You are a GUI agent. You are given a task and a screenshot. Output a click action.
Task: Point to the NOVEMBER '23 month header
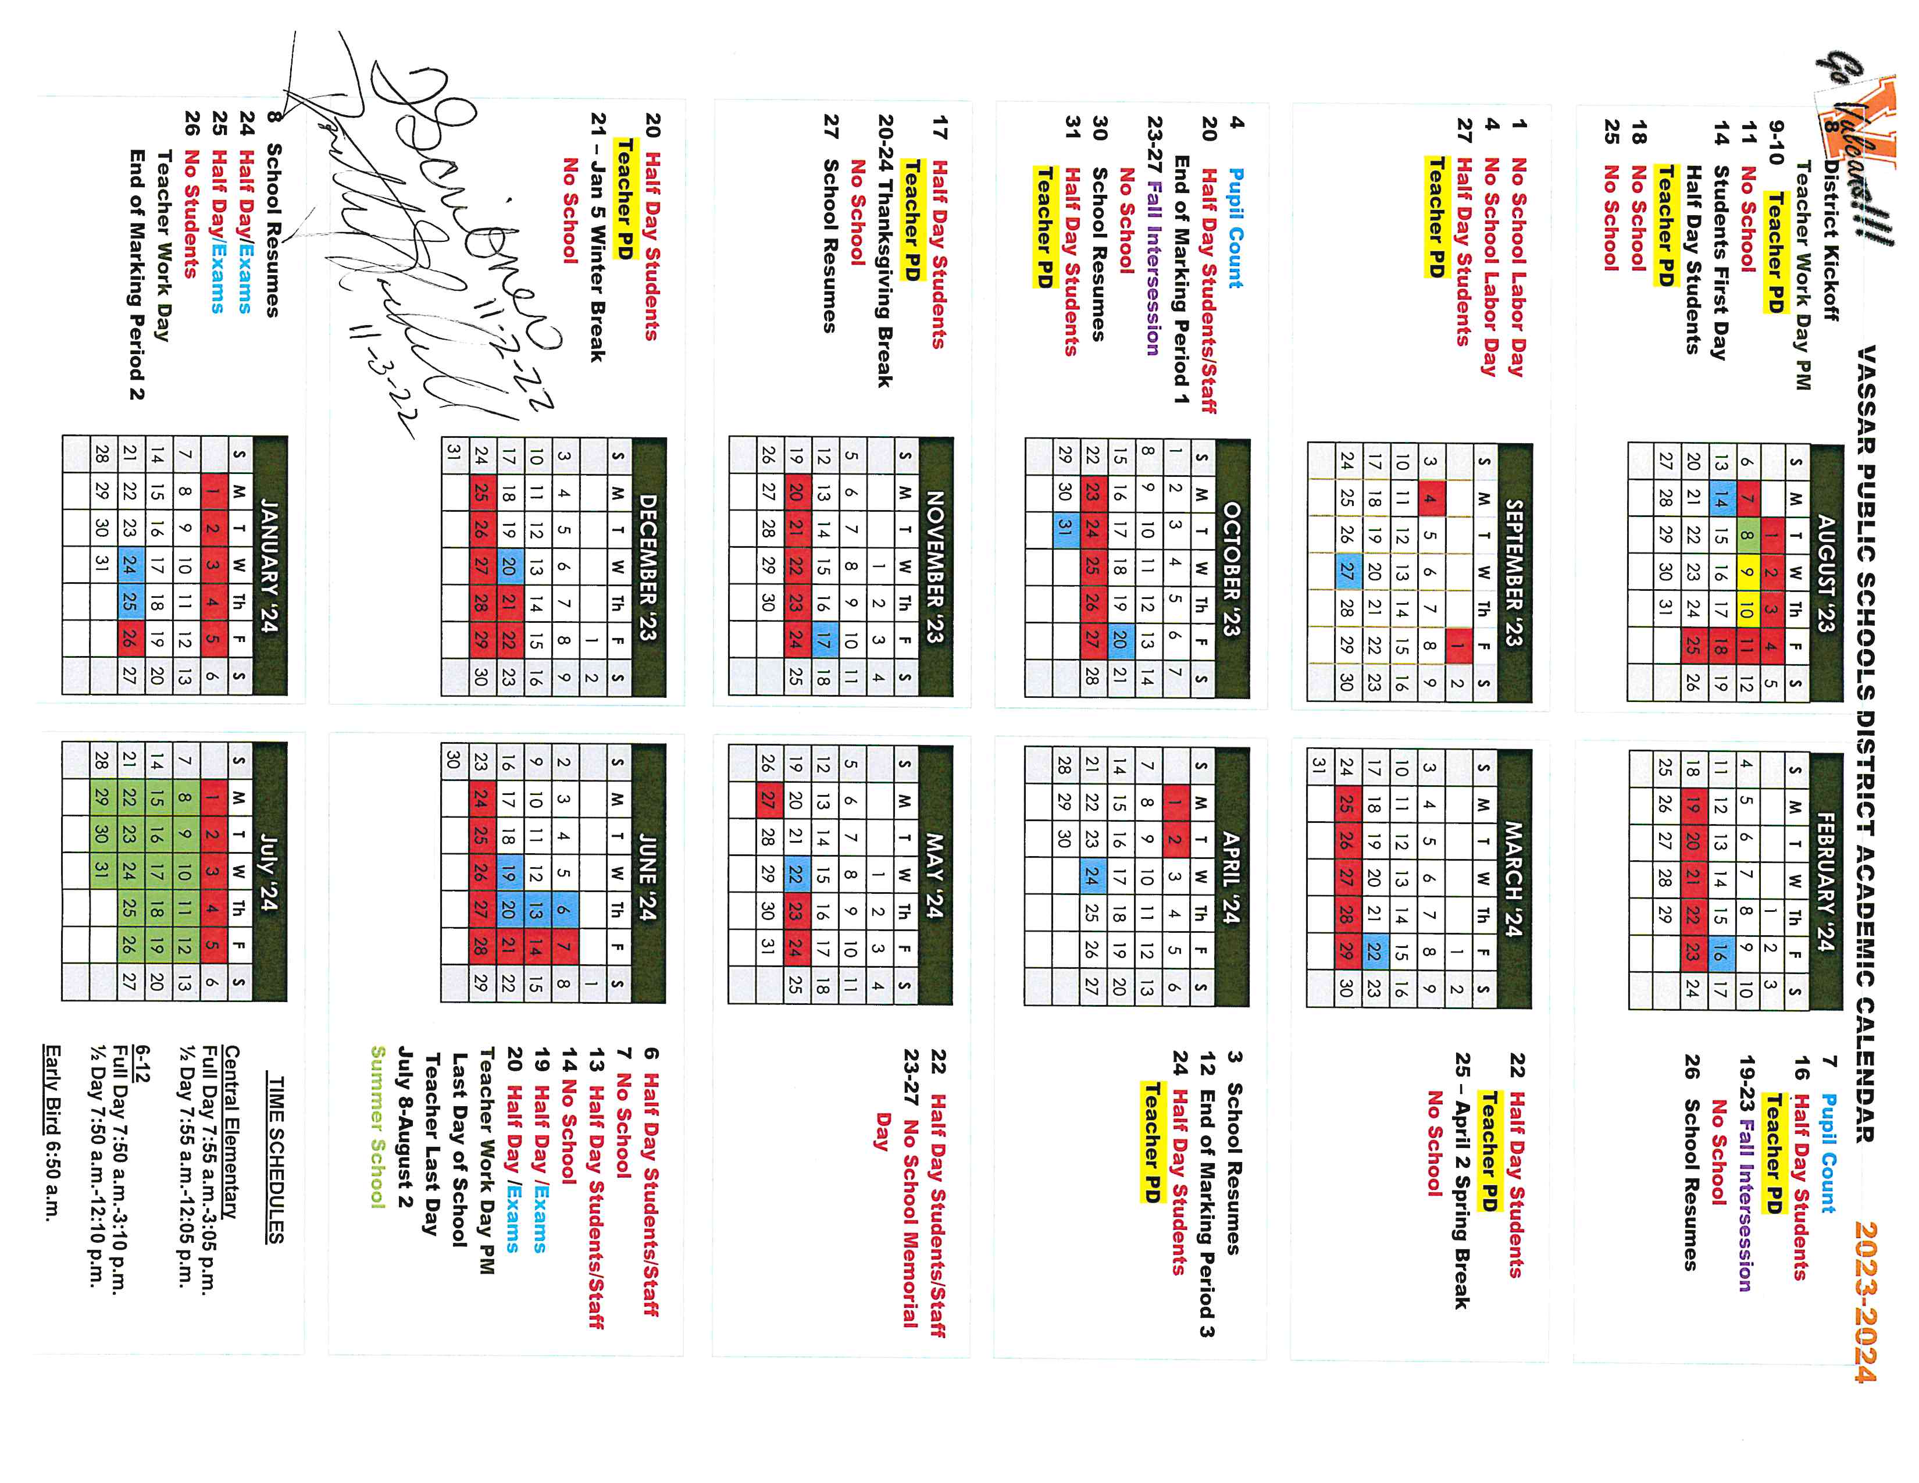(x=935, y=568)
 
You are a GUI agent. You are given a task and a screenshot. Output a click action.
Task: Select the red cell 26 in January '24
(x=129, y=640)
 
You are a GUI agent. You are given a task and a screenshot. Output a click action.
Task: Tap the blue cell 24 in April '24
(x=1092, y=877)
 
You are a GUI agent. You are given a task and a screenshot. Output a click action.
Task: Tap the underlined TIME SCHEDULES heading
(x=275, y=1160)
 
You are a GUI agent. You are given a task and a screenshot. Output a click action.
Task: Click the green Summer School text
(x=378, y=1126)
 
